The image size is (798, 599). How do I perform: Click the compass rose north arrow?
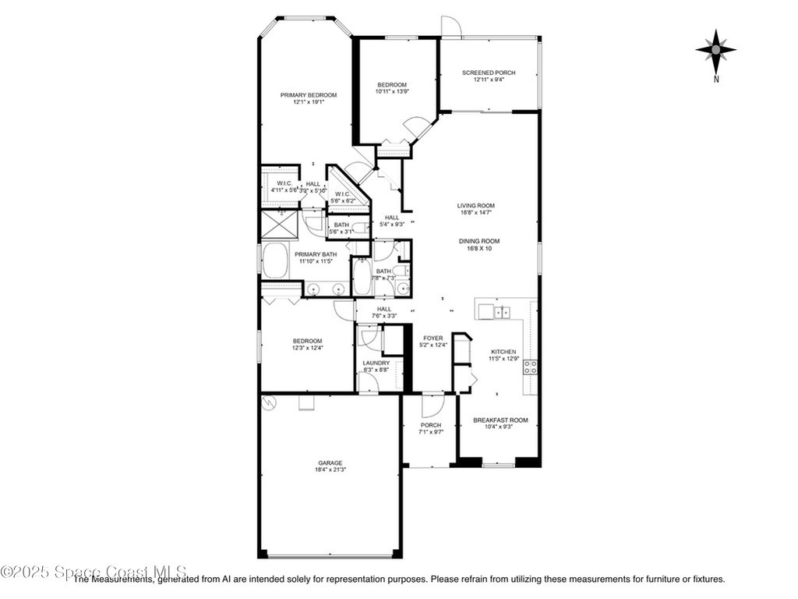pos(715,51)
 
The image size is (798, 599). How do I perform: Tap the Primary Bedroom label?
pos(309,95)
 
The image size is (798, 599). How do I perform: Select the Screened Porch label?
pos(489,73)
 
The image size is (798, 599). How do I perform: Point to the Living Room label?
pos(475,206)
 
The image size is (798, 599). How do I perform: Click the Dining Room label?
pos(478,242)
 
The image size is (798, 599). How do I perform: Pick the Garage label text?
pos(330,463)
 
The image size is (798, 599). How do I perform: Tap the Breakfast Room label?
pos(500,420)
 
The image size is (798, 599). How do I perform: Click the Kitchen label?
pos(503,352)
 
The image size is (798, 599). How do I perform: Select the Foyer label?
pos(433,338)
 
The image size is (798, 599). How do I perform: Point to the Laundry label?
pos(376,363)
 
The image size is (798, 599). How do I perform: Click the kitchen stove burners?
pos(530,367)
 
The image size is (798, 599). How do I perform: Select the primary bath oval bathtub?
pos(276,261)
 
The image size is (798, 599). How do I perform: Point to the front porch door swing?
pos(432,406)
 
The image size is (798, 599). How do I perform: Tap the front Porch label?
pos(430,425)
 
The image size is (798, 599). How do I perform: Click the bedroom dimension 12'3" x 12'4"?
pos(307,348)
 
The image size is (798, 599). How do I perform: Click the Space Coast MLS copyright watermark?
pos(94,572)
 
